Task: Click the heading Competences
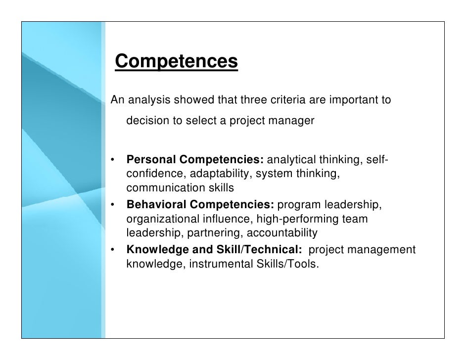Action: click(176, 62)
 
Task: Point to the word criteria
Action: click(287, 100)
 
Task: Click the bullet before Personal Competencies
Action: click(113, 161)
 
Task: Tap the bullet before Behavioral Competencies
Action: click(113, 204)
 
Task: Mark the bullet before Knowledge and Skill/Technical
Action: click(113, 250)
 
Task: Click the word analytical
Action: click(292, 160)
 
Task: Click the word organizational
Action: click(163, 219)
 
